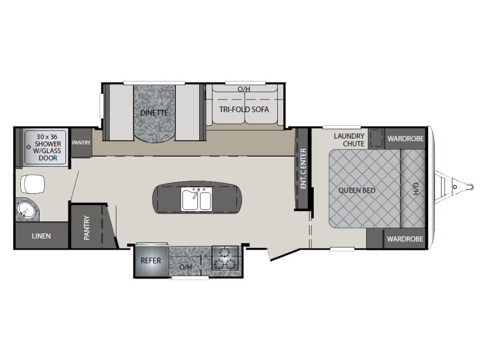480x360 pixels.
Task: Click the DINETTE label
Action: click(154, 113)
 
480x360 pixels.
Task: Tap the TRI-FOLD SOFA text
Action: click(244, 109)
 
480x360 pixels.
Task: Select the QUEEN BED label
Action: click(356, 190)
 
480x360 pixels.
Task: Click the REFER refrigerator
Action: click(151, 260)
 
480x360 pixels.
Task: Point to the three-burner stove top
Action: click(225, 258)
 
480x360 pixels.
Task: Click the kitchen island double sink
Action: click(197, 199)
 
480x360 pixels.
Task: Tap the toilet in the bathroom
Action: click(32, 184)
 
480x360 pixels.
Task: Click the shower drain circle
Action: click(28, 147)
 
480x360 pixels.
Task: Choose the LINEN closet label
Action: click(41, 236)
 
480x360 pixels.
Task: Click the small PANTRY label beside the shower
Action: click(81, 143)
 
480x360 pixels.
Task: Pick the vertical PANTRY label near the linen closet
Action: click(86, 228)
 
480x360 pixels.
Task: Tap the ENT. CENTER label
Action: click(303, 169)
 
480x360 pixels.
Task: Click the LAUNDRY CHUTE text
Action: click(349, 140)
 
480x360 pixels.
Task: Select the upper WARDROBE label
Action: click(406, 139)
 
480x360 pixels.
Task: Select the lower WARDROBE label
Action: click(405, 239)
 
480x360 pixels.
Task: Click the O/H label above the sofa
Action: click(244, 89)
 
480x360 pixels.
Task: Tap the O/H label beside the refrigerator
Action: click(185, 267)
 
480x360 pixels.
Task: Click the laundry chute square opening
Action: click(376, 139)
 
